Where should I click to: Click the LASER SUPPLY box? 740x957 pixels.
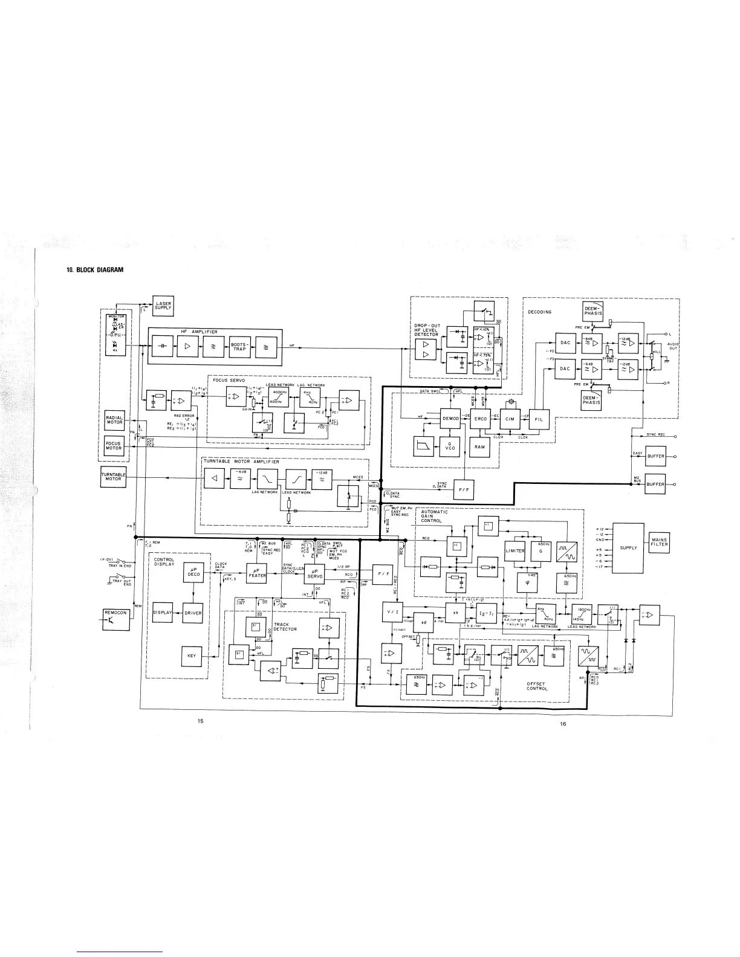pyautogui.click(x=163, y=307)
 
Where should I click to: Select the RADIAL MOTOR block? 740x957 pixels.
pyautogui.click(x=114, y=420)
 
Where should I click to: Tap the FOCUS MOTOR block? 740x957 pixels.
pyautogui.click(x=114, y=446)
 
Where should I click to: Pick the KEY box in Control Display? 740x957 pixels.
pyautogui.click(x=192, y=656)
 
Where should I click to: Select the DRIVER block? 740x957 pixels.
pyautogui.click(x=193, y=613)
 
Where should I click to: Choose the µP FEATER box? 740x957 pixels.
pyautogui.click(x=257, y=571)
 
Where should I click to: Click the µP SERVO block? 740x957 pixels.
pyautogui.click(x=315, y=574)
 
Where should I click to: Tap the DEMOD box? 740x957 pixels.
pyautogui.click(x=451, y=418)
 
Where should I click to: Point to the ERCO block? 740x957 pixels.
pyautogui.click(x=479, y=418)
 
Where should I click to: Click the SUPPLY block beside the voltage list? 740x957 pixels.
pyautogui.click(x=629, y=548)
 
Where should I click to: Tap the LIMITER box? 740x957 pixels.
pyautogui.click(x=516, y=551)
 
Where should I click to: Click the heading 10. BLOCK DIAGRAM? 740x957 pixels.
pyautogui.click(x=95, y=270)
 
